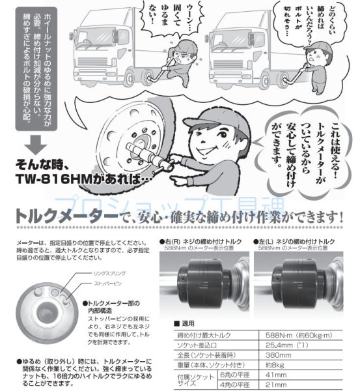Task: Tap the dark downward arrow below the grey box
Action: [37, 143]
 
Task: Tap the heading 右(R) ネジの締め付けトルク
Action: [202, 241]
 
